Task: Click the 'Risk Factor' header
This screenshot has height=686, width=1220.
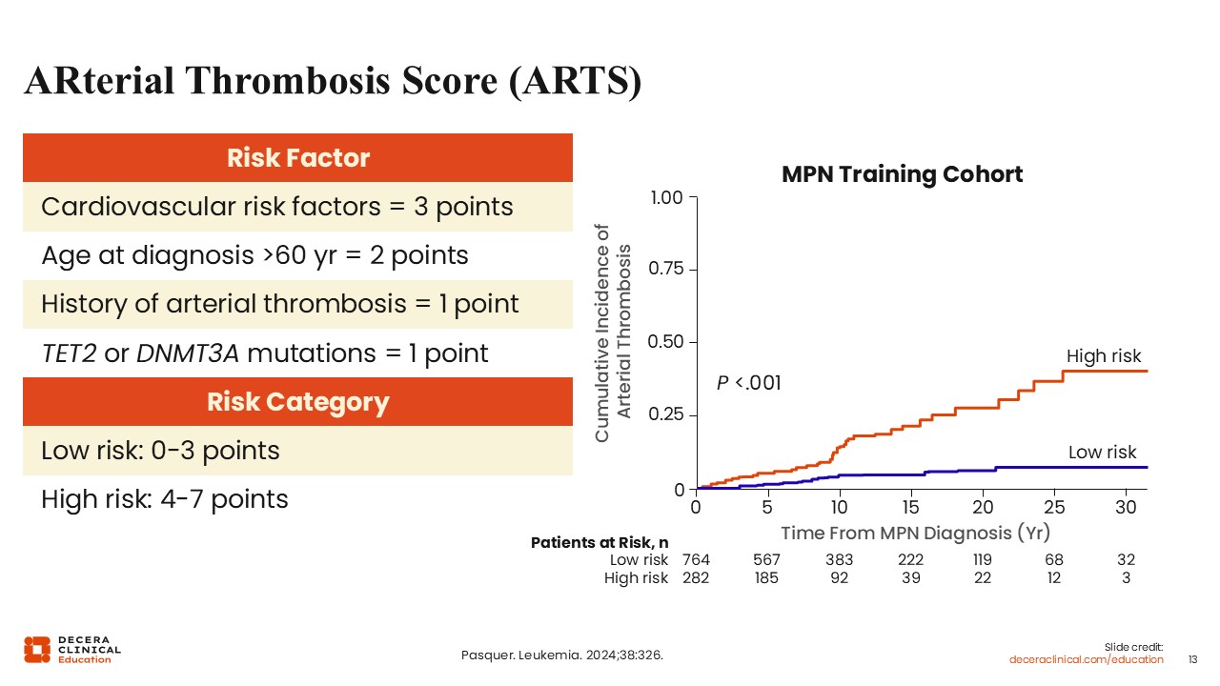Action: click(298, 158)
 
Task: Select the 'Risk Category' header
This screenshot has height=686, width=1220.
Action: click(298, 402)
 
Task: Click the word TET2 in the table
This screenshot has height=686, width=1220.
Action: click(70, 353)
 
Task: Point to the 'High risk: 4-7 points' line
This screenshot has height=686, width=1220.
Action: click(165, 499)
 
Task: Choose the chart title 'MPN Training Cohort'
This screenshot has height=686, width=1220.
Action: click(902, 174)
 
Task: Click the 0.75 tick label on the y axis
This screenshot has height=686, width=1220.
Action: click(665, 269)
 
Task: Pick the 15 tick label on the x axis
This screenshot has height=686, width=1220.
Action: click(910, 508)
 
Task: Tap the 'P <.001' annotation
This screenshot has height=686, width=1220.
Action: click(749, 383)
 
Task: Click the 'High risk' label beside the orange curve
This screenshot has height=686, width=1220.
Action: click(1104, 356)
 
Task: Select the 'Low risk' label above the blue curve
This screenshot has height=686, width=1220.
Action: click(1103, 452)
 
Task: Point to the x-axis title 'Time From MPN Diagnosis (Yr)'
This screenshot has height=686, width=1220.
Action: click(916, 533)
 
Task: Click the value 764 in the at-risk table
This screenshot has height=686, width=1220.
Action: click(696, 559)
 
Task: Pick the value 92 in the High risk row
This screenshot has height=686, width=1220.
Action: click(840, 577)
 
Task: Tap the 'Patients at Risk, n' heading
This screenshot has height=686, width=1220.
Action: click(600, 543)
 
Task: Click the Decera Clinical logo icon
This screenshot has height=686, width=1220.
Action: click(37, 650)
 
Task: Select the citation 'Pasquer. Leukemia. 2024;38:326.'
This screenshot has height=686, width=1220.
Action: click(562, 655)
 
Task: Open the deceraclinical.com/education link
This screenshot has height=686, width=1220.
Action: click(1086, 660)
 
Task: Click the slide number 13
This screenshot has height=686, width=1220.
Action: click(1192, 660)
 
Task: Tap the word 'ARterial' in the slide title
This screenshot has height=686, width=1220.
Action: click(99, 81)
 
